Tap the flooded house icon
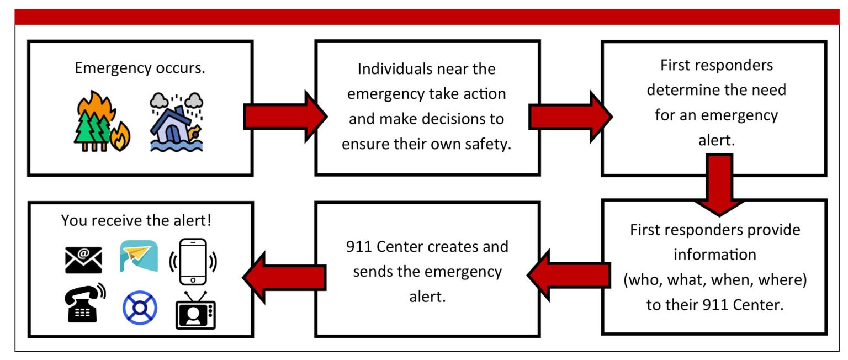tap(176, 123)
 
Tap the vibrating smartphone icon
tap(193, 258)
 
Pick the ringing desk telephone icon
tap(84, 303)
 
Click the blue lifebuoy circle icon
tap(139, 307)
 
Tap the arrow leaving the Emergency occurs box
tap(284, 115)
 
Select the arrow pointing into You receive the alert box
tap(284, 276)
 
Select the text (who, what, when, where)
tap(715, 280)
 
